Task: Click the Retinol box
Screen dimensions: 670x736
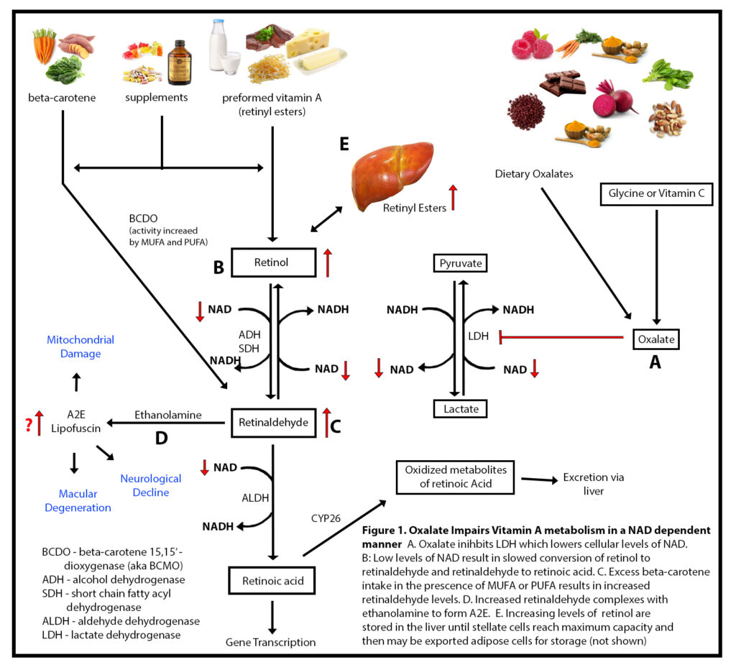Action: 273,262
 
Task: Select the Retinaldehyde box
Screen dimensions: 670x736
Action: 273,423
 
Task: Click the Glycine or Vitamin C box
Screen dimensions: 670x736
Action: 656,194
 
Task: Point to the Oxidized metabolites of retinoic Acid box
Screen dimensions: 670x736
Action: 455,477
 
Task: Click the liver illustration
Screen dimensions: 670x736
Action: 392,173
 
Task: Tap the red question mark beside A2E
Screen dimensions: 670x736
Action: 28,425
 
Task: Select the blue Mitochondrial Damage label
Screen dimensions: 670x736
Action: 80,347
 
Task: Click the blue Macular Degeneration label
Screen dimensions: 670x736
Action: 78,501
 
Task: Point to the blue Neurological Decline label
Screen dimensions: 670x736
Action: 150,485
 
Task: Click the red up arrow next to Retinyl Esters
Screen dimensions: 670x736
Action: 453,198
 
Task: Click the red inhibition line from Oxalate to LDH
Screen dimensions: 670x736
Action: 561,336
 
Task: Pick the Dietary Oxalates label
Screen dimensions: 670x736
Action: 534,174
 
